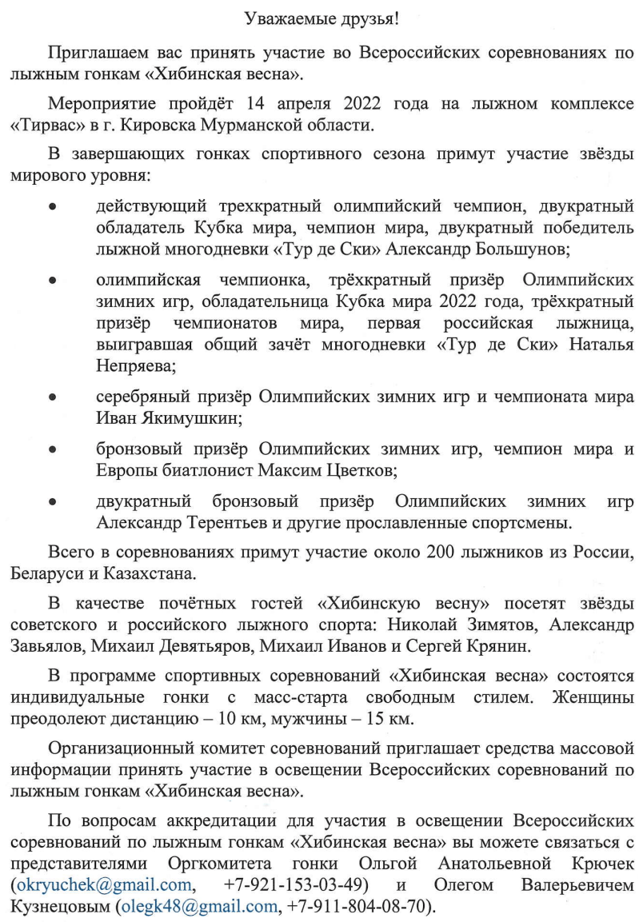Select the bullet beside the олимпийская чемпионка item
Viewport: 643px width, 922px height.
click(x=52, y=282)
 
